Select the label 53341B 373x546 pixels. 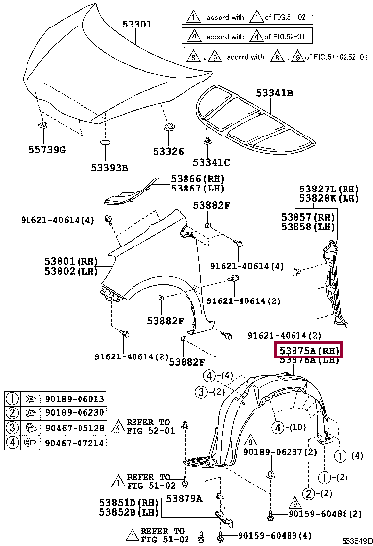[x=274, y=94]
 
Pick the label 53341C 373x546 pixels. [x=210, y=162]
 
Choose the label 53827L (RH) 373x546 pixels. [x=324, y=188]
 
